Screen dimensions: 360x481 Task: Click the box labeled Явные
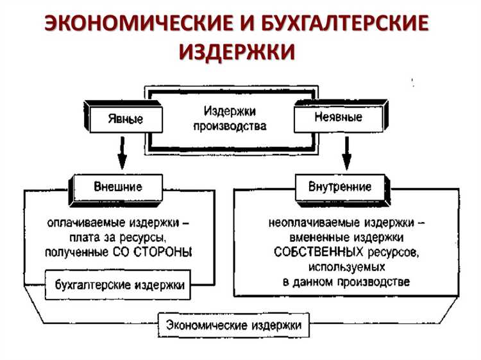pyautogui.click(x=125, y=119)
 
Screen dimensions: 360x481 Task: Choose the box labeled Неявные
pyautogui.click(x=338, y=117)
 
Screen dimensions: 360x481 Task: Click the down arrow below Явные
pyautogui.click(x=121, y=153)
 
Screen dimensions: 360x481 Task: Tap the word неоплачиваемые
pyautogui.click(x=308, y=224)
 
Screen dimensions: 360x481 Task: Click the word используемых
pyautogui.click(x=346, y=266)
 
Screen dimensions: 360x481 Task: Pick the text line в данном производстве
pyautogui.click(x=346, y=281)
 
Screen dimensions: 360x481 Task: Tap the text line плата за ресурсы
pyautogui.click(x=119, y=238)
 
